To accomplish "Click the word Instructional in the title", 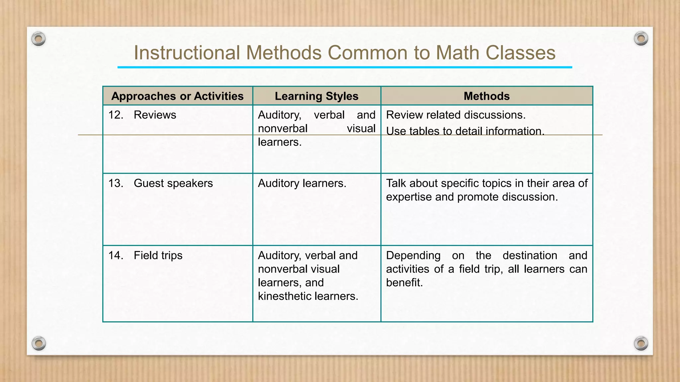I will pyautogui.click(x=187, y=53).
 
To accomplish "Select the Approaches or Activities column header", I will pyautogui.click(x=177, y=96).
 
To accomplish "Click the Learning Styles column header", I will pyautogui.click(x=316, y=96).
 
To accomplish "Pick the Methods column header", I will pyautogui.click(x=486, y=96).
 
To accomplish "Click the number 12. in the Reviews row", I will pyautogui.click(x=116, y=115).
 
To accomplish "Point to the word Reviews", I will pyautogui.click(x=155, y=115).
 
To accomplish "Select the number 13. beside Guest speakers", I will pyautogui.click(x=116, y=183).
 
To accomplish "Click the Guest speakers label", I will pyautogui.click(x=173, y=183).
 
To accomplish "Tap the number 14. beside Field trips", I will pyautogui.click(x=116, y=256).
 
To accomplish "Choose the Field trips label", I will pyautogui.click(x=158, y=256).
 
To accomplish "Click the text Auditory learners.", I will pyautogui.click(x=302, y=183).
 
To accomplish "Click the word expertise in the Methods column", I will pyautogui.click(x=409, y=197).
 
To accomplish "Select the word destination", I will pyautogui.click(x=530, y=256).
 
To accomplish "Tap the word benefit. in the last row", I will pyautogui.click(x=404, y=283).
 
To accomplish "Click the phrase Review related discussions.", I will pyautogui.click(x=456, y=115).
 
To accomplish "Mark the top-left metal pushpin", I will pyautogui.click(x=39, y=39).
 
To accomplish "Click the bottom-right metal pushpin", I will pyautogui.click(x=641, y=343).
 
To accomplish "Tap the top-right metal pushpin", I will pyautogui.click(x=641, y=39).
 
